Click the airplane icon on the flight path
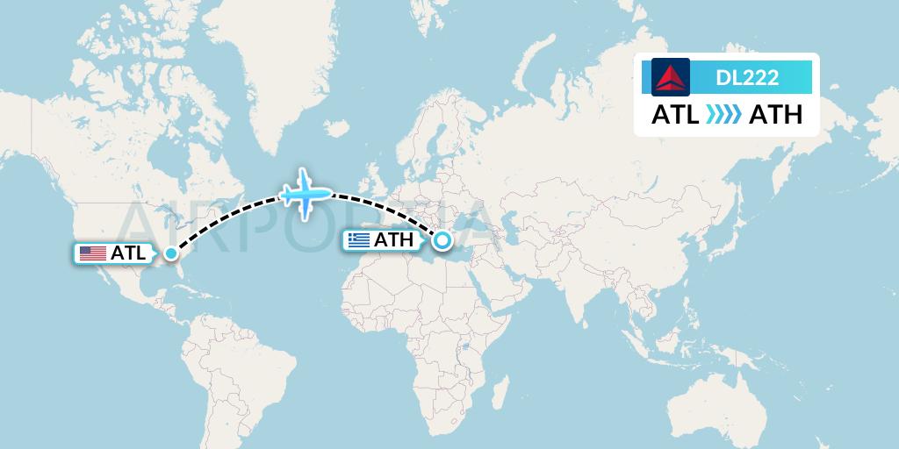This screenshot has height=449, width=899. [x=305, y=193]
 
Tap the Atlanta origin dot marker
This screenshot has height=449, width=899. [x=171, y=254]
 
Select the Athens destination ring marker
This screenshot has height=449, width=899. [x=442, y=239]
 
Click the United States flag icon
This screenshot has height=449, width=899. [x=92, y=253]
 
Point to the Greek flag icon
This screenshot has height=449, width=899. [x=358, y=240]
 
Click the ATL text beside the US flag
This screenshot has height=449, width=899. [x=128, y=253]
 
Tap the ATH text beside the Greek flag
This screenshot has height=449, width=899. [x=393, y=240]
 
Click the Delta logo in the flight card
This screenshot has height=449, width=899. [x=671, y=77]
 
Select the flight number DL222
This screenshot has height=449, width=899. [x=747, y=78]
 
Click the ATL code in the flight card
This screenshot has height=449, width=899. [x=675, y=115]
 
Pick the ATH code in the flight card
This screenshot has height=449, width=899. [x=775, y=115]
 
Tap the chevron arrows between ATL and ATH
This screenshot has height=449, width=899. [x=724, y=115]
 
